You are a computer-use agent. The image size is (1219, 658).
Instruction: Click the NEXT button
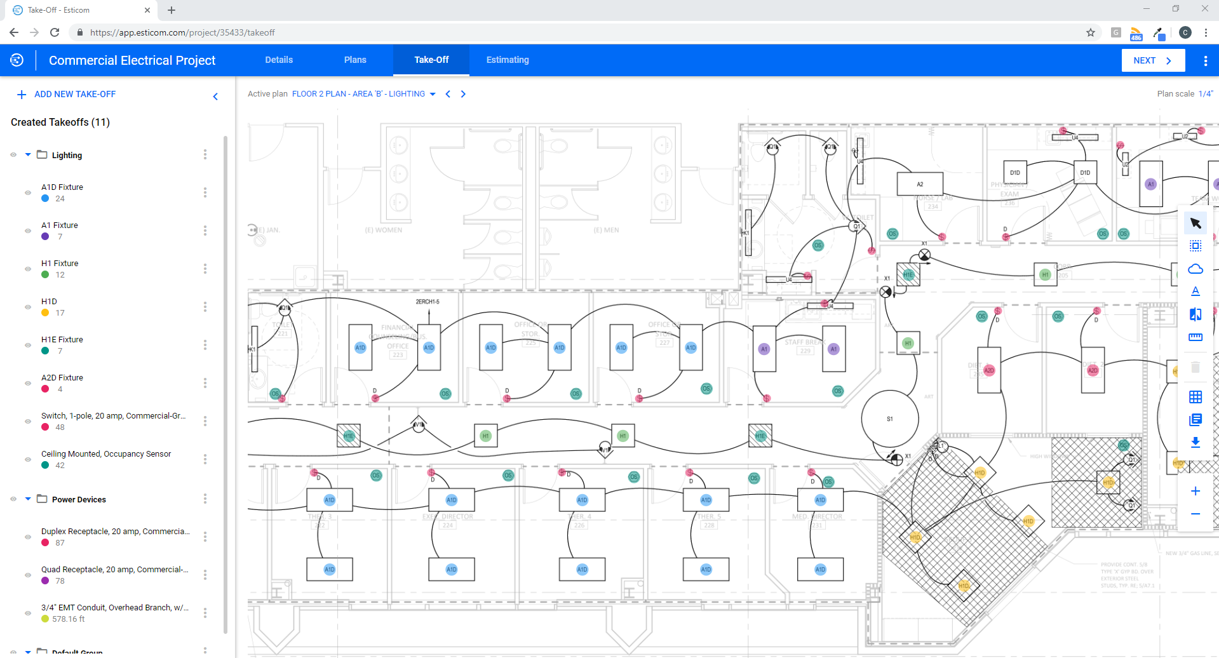pyautogui.click(x=1152, y=60)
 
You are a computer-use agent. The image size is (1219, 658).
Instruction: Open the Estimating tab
pyautogui.click(x=507, y=60)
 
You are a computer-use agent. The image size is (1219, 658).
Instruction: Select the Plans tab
pyautogui.click(x=355, y=60)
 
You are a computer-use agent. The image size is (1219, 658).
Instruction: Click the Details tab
pyautogui.click(x=279, y=60)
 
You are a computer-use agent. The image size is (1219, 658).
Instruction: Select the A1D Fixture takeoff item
pyautogui.click(x=62, y=187)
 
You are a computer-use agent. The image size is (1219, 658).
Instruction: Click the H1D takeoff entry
pyautogui.click(x=50, y=302)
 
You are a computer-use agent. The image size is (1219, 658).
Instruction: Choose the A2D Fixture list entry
pyautogui.click(x=62, y=378)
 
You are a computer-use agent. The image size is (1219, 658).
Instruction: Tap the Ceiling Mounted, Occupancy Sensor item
pyautogui.click(x=106, y=454)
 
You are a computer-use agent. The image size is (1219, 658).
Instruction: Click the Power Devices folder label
pyautogui.click(x=79, y=500)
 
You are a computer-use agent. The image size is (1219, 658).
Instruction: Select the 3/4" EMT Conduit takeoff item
pyautogui.click(x=114, y=608)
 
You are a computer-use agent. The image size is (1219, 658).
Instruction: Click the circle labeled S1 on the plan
pyautogui.click(x=889, y=419)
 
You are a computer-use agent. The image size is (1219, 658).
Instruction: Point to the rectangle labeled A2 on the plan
pyautogui.click(x=919, y=184)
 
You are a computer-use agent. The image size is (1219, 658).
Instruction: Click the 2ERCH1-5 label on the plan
pyautogui.click(x=428, y=302)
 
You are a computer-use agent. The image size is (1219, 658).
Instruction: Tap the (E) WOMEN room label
pyautogui.click(x=383, y=230)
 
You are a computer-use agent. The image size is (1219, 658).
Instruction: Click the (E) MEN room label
pyautogui.click(x=606, y=230)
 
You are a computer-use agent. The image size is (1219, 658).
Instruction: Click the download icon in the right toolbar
pyautogui.click(x=1195, y=442)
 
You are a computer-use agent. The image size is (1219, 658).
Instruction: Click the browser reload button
pyautogui.click(x=55, y=32)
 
